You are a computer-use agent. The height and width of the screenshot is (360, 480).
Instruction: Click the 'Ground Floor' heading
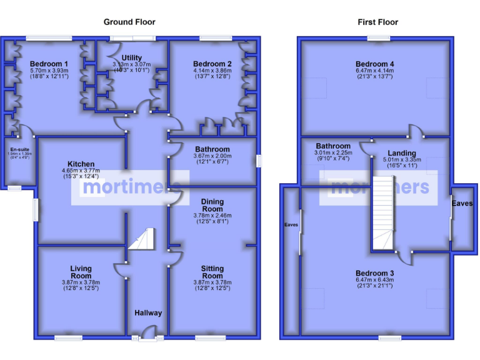click(x=129, y=22)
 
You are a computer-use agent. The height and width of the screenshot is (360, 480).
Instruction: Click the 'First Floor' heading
click(x=377, y=22)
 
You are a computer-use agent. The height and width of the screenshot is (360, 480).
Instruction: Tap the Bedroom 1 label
click(x=49, y=64)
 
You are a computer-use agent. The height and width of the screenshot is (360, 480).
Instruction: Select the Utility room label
click(x=131, y=58)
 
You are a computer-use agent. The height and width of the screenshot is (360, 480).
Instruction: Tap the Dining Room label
click(x=212, y=205)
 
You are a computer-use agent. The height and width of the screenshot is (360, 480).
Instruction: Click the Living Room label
click(x=81, y=272)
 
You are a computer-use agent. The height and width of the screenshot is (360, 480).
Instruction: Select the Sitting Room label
click(x=212, y=272)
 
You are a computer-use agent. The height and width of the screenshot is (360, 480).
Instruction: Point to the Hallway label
click(x=148, y=313)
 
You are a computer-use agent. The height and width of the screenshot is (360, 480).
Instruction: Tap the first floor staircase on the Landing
click(x=384, y=212)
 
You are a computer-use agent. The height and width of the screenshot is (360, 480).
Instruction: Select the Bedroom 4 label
click(x=374, y=64)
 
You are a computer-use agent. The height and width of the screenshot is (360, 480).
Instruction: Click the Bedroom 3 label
click(x=374, y=273)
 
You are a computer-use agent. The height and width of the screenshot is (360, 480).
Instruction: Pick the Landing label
click(x=401, y=153)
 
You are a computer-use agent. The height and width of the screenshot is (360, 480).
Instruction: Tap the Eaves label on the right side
click(x=463, y=204)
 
